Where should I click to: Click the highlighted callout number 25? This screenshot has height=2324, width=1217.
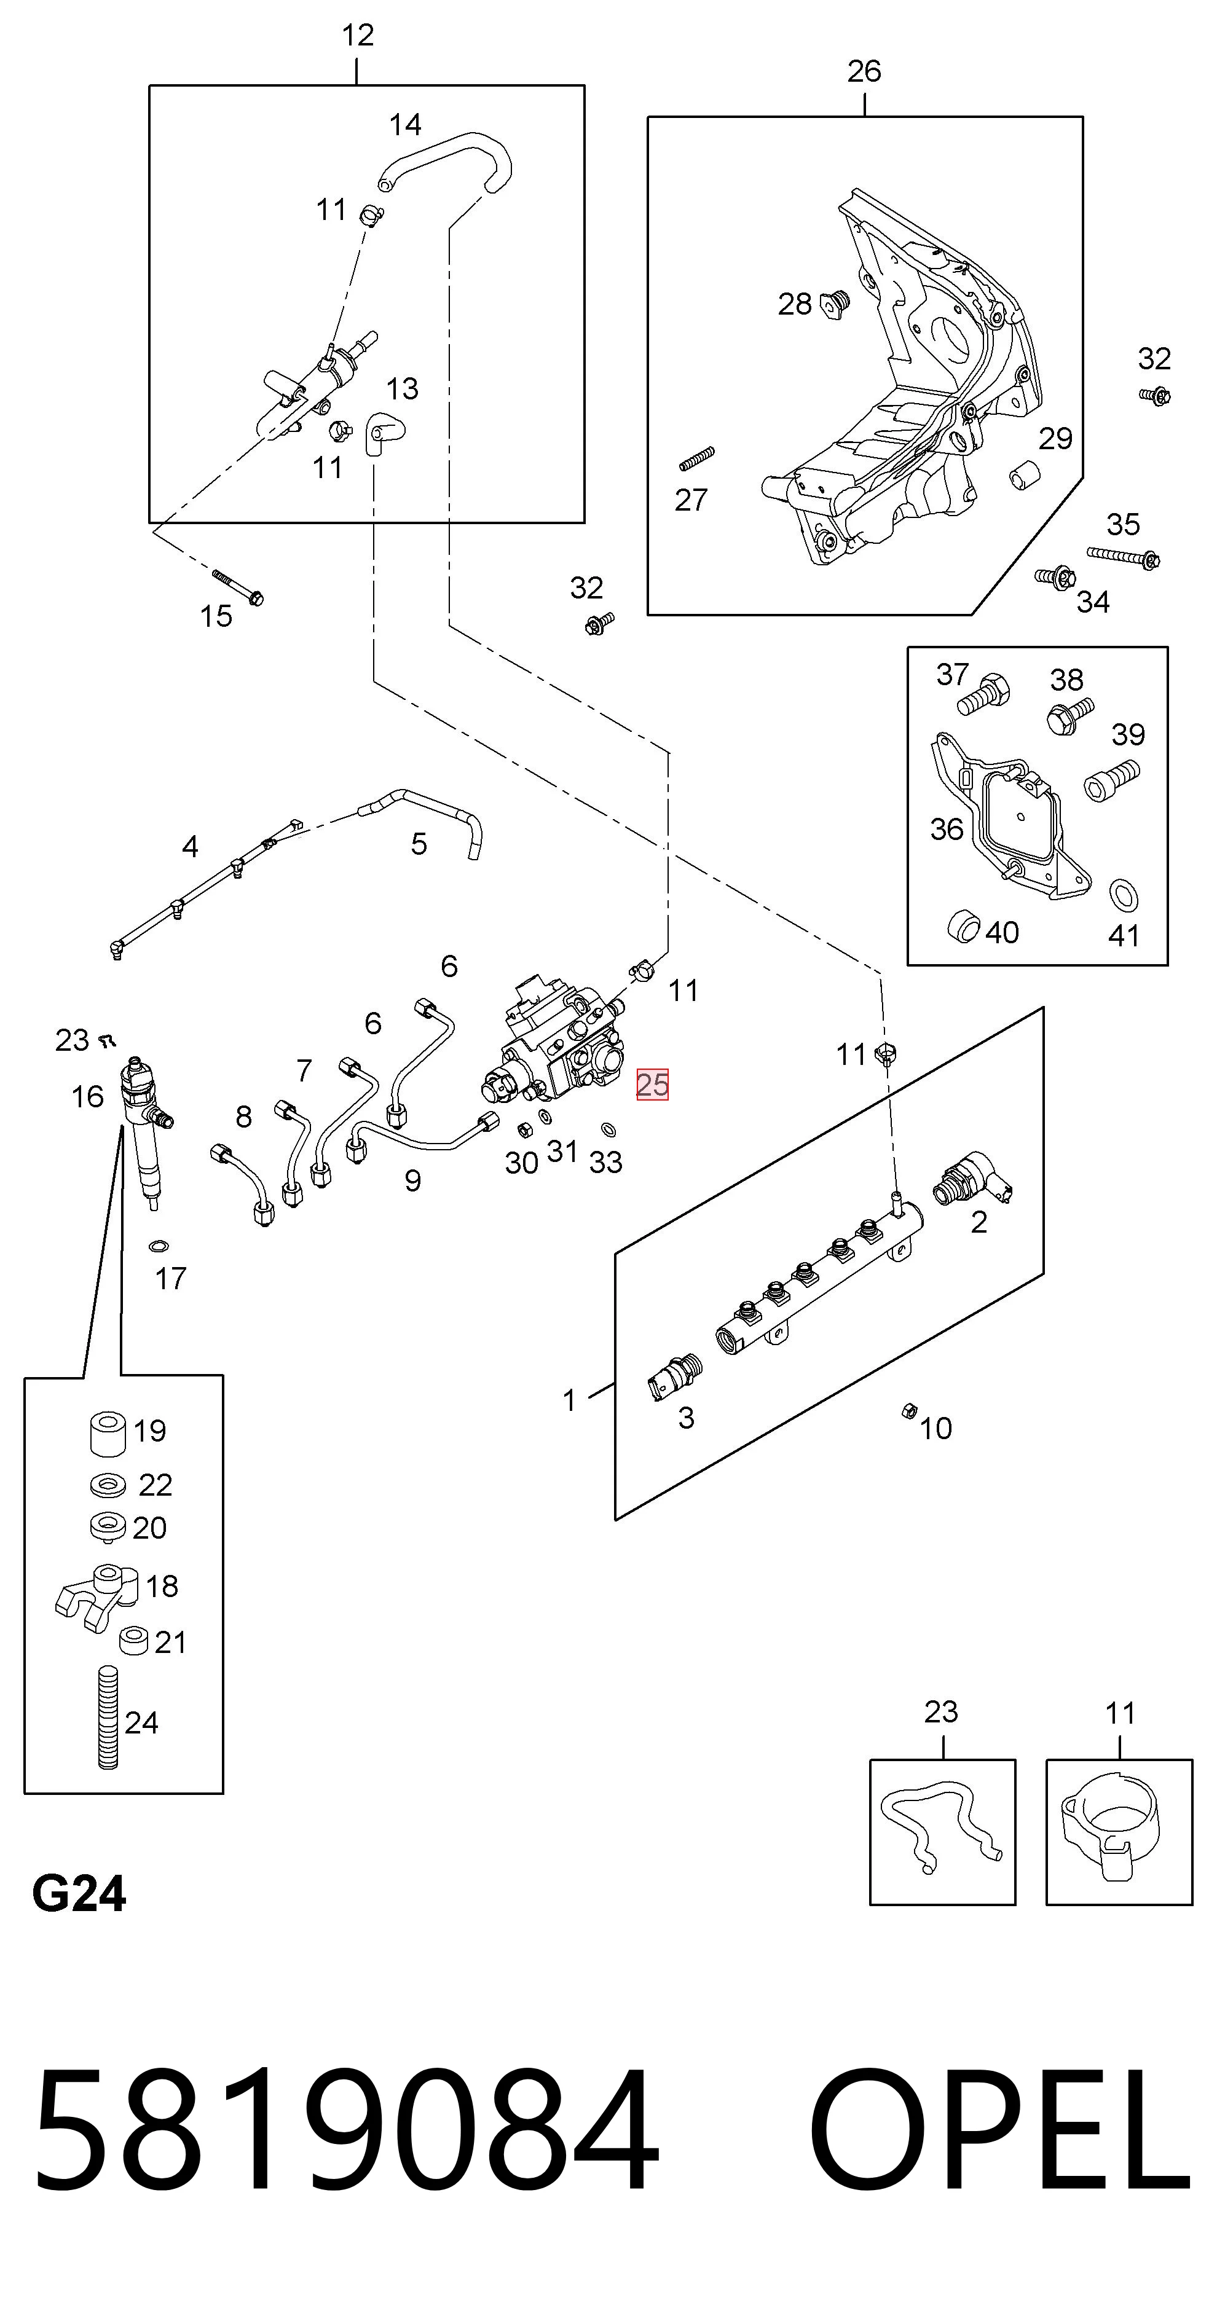point(652,1083)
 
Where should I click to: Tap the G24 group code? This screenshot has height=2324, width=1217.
point(79,1894)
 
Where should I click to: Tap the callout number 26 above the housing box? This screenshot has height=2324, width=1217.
point(864,71)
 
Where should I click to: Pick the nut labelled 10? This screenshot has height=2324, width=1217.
point(909,1411)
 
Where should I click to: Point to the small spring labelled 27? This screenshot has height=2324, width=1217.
point(696,459)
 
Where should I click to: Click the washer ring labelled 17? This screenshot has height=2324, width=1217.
point(159,1247)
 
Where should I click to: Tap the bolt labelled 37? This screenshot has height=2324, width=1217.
point(983,693)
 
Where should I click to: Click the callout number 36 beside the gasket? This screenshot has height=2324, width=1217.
point(947,828)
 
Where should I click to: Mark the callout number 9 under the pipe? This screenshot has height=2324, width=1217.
point(412,1180)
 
